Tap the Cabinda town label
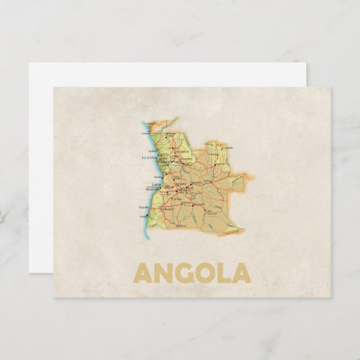[x=146, y=133]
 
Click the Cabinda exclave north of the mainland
[x=151, y=126]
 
